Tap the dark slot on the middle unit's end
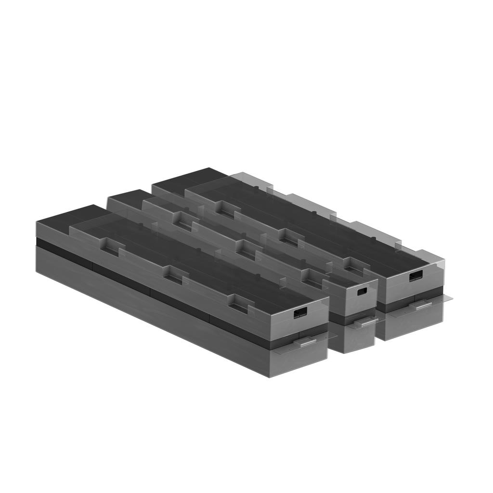point(362,291)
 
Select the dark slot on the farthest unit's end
point(416,276)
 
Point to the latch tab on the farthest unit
point(424,305)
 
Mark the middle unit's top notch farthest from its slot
point(183,222)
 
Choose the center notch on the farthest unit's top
point(288,236)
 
